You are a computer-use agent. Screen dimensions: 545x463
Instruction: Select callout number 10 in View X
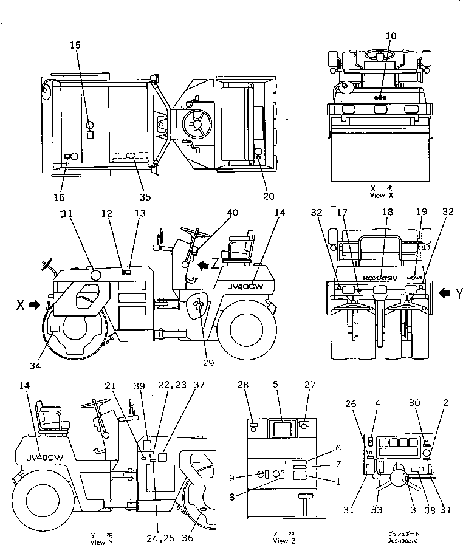tap(390, 36)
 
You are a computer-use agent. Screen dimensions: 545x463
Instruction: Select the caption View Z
tap(281, 540)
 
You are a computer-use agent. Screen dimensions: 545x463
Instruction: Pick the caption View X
tap(382, 196)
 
